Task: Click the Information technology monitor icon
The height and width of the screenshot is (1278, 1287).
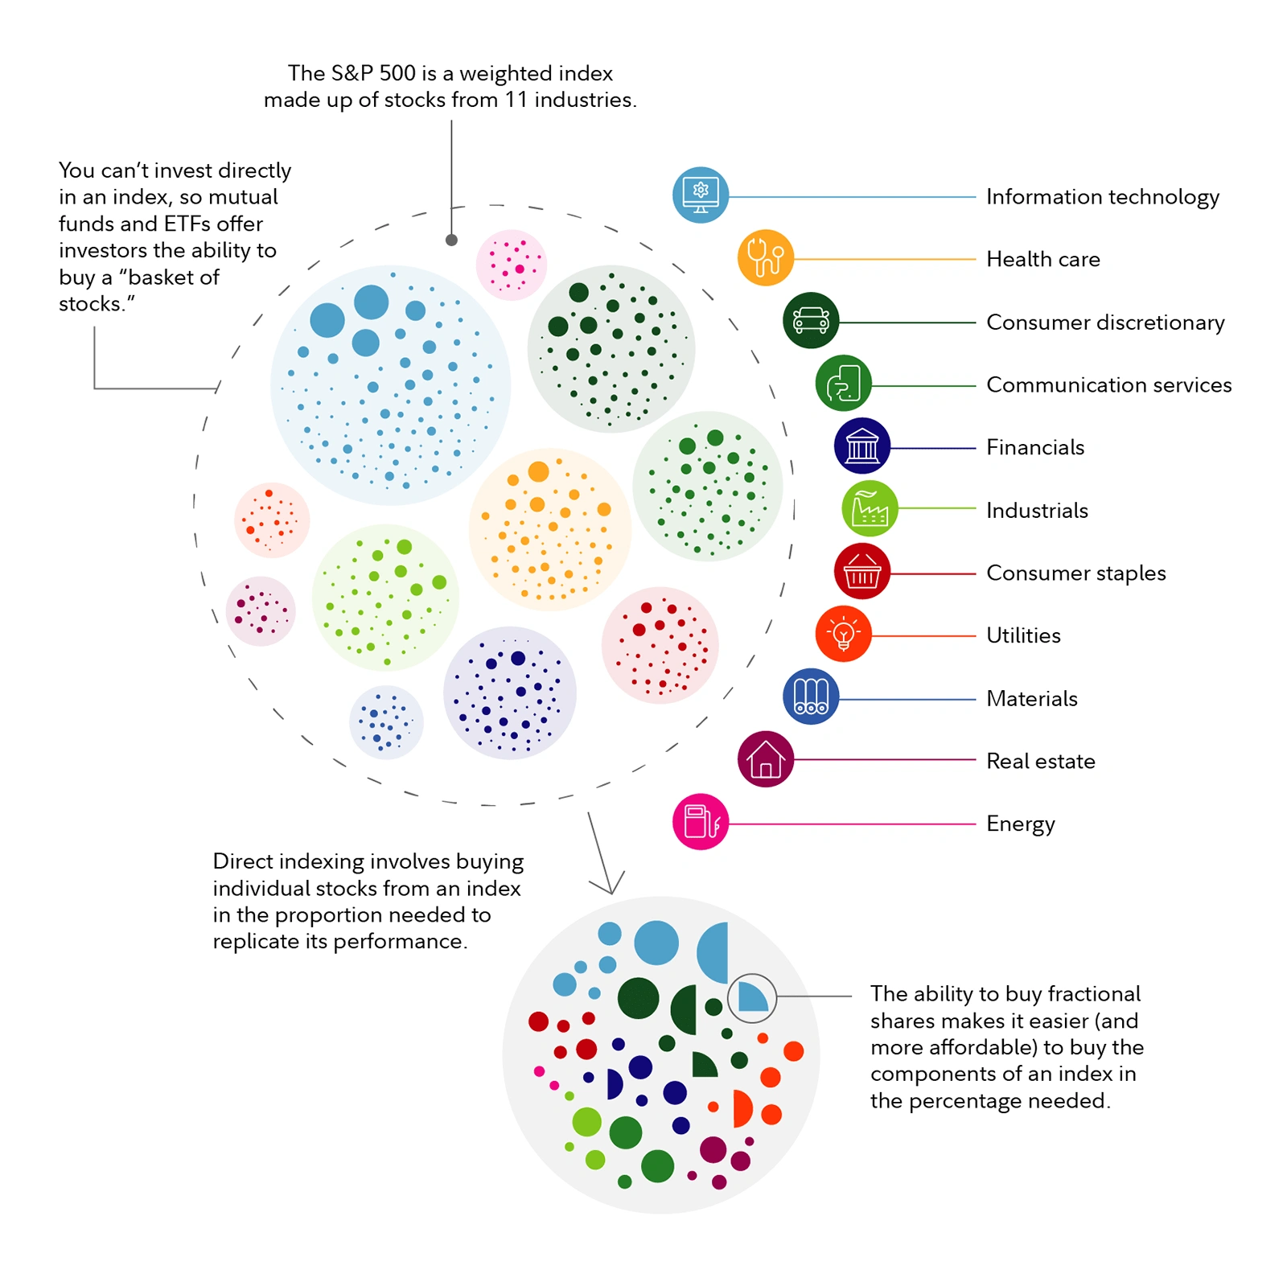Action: (701, 195)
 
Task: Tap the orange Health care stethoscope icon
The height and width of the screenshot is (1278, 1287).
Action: (766, 258)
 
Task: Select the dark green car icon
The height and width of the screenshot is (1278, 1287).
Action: (811, 320)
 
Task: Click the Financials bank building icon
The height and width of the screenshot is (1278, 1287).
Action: (862, 446)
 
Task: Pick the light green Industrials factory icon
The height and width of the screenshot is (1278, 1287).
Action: (870, 508)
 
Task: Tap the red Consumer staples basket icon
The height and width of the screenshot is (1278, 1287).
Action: (862, 571)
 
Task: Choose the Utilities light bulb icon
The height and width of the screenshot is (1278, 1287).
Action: (844, 634)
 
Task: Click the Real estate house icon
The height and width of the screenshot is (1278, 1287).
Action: (766, 759)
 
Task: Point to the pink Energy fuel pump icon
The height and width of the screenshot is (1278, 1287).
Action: (701, 822)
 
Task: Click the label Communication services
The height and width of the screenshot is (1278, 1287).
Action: (1108, 385)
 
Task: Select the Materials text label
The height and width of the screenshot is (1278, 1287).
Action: (1032, 699)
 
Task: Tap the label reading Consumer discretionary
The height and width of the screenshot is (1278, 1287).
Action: (1105, 323)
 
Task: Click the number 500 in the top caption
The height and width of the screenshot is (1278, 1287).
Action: (397, 73)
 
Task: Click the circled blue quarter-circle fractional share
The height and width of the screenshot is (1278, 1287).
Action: (753, 997)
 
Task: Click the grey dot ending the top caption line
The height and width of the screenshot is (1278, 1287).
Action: (451, 240)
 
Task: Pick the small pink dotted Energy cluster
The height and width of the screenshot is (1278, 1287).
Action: (512, 265)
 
